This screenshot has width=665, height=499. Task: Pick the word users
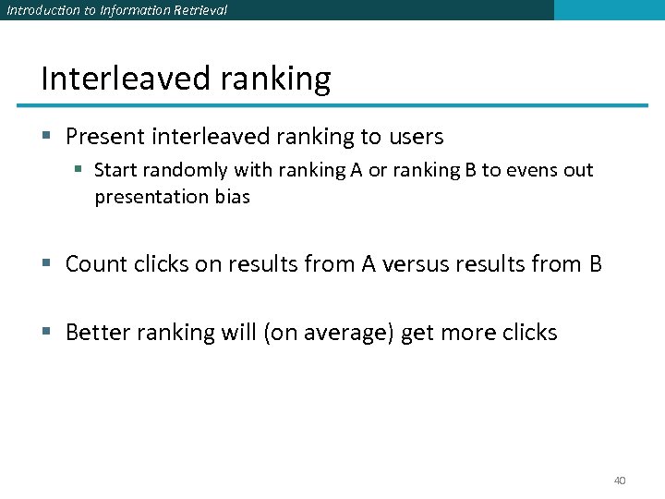[416, 137]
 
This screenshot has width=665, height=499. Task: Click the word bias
[230, 197]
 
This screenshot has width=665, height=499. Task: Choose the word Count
[97, 264]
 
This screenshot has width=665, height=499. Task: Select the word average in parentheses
[351, 333]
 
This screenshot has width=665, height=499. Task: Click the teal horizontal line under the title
[342, 104]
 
